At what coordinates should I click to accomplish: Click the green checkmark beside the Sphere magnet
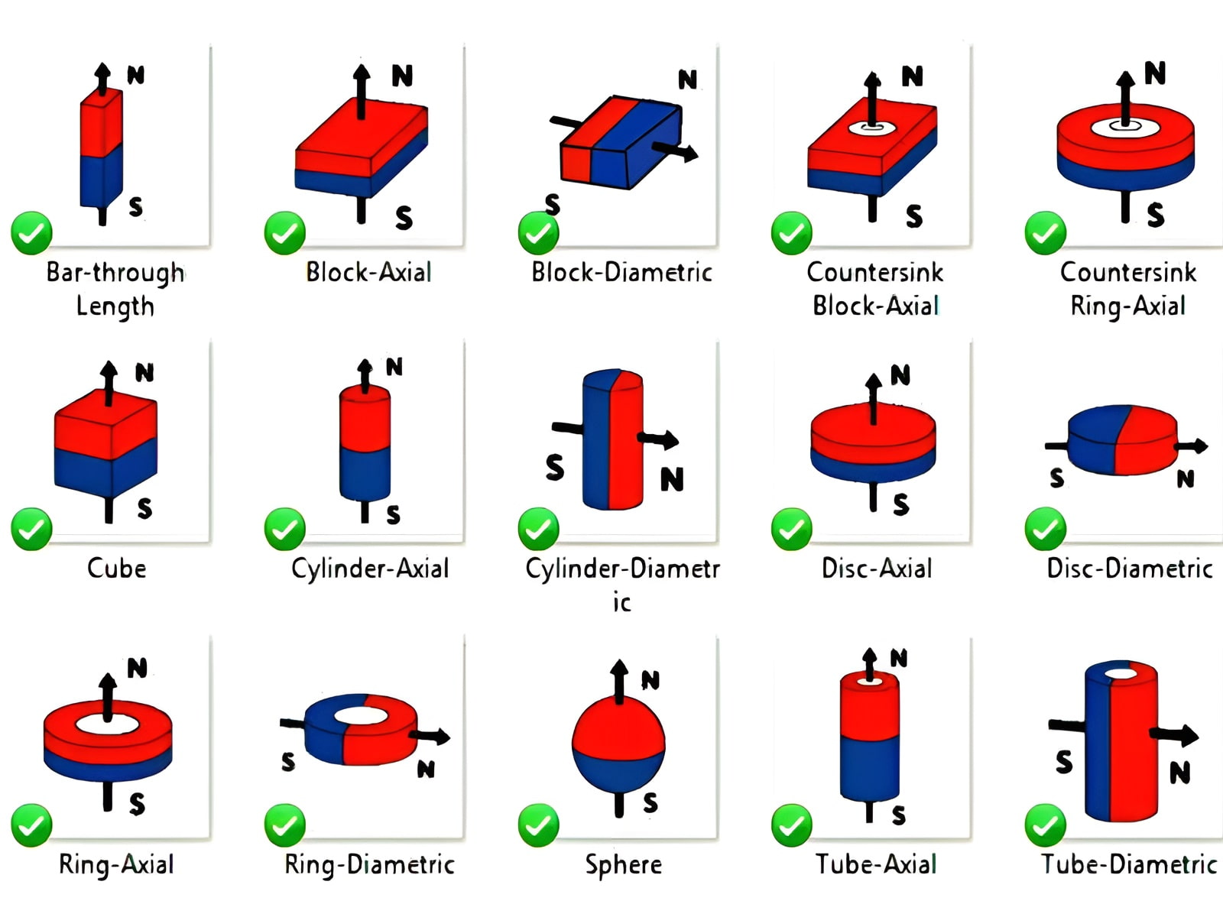click(538, 825)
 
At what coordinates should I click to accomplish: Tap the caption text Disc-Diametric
click(1129, 569)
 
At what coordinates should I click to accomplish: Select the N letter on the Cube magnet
click(144, 372)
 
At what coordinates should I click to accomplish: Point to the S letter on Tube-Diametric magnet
click(1064, 762)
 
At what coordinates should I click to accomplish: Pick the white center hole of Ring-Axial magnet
click(107, 723)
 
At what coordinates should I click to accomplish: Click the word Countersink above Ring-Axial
click(1128, 272)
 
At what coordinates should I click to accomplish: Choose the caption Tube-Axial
click(875, 864)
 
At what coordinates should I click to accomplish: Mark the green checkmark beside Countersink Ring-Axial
click(1045, 233)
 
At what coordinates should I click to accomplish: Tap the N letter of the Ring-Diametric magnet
click(426, 769)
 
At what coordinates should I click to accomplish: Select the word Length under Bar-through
click(115, 306)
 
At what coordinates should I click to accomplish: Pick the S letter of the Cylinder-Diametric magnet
click(555, 467)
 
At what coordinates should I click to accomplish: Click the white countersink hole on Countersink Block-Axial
click(870, 128)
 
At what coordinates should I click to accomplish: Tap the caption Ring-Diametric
click(369, 864)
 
